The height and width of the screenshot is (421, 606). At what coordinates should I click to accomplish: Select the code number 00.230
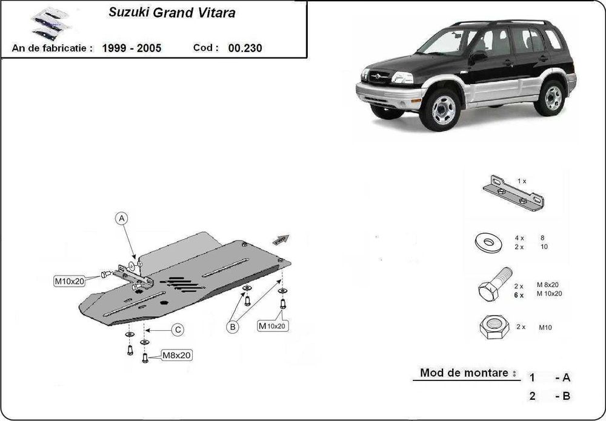coord(245,48)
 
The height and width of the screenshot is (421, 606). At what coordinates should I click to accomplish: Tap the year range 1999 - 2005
coord(132,48)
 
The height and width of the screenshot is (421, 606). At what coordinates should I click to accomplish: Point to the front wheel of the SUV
coord(444,109)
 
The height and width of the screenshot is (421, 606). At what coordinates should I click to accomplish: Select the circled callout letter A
coord(122,218)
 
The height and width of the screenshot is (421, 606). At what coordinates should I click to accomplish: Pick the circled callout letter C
coord(178,330)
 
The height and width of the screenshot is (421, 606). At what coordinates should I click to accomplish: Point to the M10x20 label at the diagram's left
coord(70,280)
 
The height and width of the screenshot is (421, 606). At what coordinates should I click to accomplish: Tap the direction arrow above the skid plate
coord(281,239)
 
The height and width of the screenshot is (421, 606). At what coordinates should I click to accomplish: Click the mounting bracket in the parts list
coord(513,194)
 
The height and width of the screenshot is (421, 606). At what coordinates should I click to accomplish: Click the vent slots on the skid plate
coord(181,283)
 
